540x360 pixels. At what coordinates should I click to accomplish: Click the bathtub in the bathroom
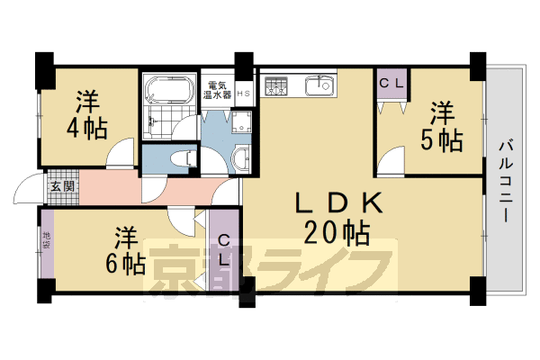(x=168, y=91)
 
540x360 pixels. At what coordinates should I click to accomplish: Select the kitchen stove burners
(x=275, y=86)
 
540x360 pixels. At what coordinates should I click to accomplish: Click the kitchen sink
(x=319, y=86)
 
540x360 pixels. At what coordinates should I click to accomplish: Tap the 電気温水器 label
(x=216, y=88)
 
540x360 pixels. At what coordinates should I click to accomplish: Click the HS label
(x=243, y=94)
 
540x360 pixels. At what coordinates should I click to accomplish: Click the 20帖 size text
(x=337, y=234)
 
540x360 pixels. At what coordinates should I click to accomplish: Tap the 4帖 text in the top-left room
(x=85, y=127)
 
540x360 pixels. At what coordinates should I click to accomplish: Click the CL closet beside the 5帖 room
(x=391, y=84)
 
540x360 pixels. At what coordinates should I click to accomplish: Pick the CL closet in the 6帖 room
(x=224, y=250)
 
